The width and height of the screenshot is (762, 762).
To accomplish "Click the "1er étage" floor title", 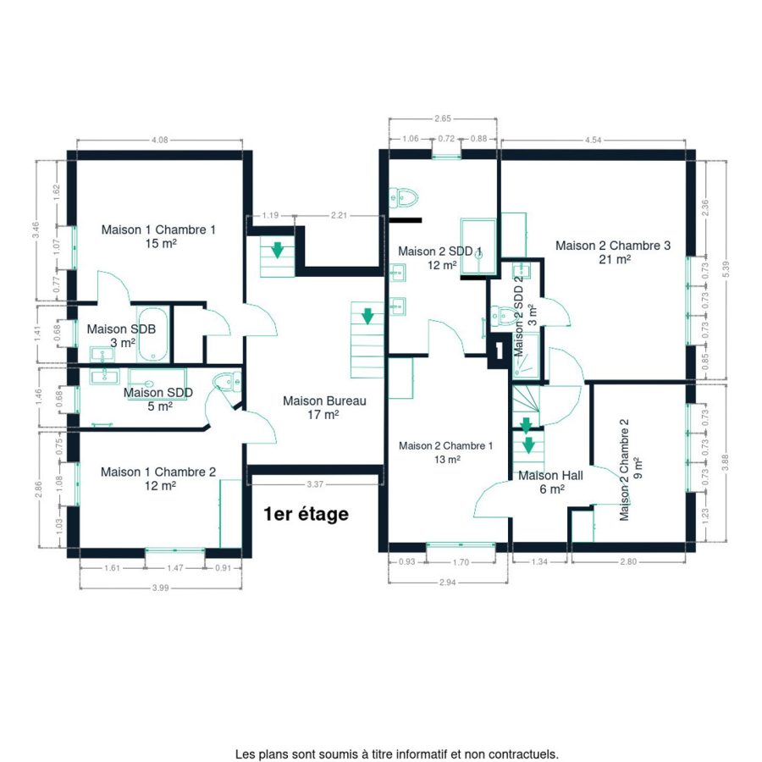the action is pyautogui.click(x=306, y=514).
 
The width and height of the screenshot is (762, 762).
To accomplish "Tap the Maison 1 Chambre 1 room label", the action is pyautogui.click(x=158, y=229).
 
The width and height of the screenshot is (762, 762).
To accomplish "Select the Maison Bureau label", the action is pyautogui.click(x=324, y=401).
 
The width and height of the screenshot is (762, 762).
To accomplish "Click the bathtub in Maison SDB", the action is pyautogui.click(x=152, y=334).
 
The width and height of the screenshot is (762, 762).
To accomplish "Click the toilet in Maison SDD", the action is pyautogui.click(x=228, y=380).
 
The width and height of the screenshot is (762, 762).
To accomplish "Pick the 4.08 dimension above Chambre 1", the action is pyautogui.click(x=159, y=140).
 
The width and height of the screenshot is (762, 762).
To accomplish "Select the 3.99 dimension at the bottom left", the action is pyautogui.click(x=160, y=588).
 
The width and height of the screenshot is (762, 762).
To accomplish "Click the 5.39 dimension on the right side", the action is pyautogui.click(x=726, y=269).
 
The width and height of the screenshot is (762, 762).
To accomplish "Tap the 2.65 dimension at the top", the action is pyautogui.click(x=443, y=118).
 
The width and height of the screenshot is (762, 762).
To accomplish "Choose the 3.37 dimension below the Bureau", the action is pyautogui.click(x=315, y=484).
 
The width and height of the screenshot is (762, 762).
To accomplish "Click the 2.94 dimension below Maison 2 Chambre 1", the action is pyautogui.click(x=447, y=583).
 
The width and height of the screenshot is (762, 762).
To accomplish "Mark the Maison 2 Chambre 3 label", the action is pyautogui.click(x=613, y=246).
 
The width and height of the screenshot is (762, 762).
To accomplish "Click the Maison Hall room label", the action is pyautogui.click(x=550, y=475).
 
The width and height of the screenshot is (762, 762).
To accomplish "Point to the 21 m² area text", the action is pyautogui.click(x=615, y=260).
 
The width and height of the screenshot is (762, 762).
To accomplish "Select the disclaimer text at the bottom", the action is pyautogui.click(x=396, y=754).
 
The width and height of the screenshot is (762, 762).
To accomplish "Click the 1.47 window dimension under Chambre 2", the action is pyautogui.click(x=175, y=567).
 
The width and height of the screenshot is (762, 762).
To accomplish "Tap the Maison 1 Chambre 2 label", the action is pyautogui.click(x=158, y=472).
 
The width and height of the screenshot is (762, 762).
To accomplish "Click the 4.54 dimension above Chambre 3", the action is pyautogui.click(x=593, y=140).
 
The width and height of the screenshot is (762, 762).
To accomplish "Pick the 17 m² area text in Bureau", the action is pyautogui.click(x=323, y=415).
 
